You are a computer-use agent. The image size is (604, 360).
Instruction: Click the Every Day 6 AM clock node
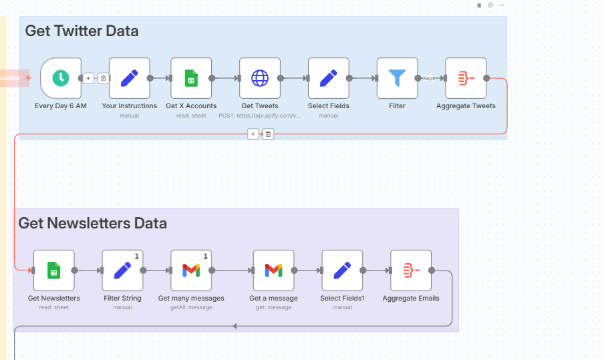pos(61,78)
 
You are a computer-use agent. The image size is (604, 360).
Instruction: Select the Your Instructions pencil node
pos(130,78)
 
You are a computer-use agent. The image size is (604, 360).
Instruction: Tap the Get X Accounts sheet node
pos(191,78)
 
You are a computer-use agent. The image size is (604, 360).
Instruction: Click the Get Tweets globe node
pos(260,78)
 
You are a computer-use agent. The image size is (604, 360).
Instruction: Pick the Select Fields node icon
pos(329,78)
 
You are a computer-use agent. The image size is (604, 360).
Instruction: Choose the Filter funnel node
pos(398,78)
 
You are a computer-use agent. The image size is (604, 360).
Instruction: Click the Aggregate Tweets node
pos(466,78)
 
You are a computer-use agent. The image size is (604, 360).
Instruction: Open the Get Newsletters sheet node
pos(54,271)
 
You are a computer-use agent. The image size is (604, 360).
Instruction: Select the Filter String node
pos(123,271)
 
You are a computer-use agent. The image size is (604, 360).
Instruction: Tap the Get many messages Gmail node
pos(191,271)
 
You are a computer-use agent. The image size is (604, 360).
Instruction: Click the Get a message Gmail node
pos(273,271)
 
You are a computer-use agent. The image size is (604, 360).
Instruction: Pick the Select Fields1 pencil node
pos(342,271)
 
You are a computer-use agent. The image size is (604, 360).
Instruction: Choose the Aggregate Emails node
pos(411,271)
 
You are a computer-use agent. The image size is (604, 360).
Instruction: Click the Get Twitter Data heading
pos(82,31)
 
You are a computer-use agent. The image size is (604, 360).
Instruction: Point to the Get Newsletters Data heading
pos(92,223)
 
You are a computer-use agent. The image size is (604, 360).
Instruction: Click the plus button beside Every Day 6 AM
pos(89,79)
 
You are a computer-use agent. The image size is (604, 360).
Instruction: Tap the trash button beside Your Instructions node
pos(104,79)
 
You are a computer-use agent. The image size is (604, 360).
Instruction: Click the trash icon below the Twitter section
pos(268,134)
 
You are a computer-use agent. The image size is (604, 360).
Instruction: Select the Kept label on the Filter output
pos(429,78)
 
